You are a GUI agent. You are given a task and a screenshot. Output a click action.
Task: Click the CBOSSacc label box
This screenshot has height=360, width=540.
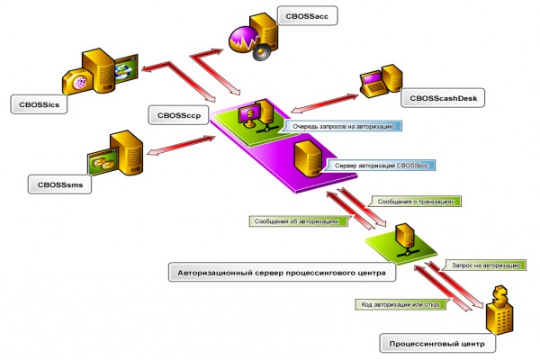tap(307, 16)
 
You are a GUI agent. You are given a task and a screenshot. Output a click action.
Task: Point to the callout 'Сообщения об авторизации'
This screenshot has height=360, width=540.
tap(298, 220)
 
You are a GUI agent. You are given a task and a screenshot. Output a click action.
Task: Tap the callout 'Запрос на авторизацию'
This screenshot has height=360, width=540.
tap(485, 266)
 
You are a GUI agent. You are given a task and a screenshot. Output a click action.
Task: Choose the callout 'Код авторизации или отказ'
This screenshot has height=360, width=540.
tap(392, 305)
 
